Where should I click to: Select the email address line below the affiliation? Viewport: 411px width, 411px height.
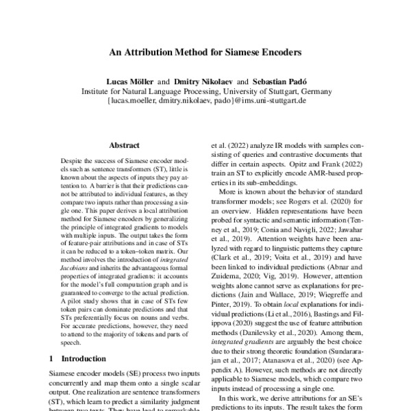coord(206,100)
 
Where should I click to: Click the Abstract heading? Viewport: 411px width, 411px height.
coord(125,145)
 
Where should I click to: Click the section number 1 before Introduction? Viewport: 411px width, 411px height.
coord(54,358)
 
